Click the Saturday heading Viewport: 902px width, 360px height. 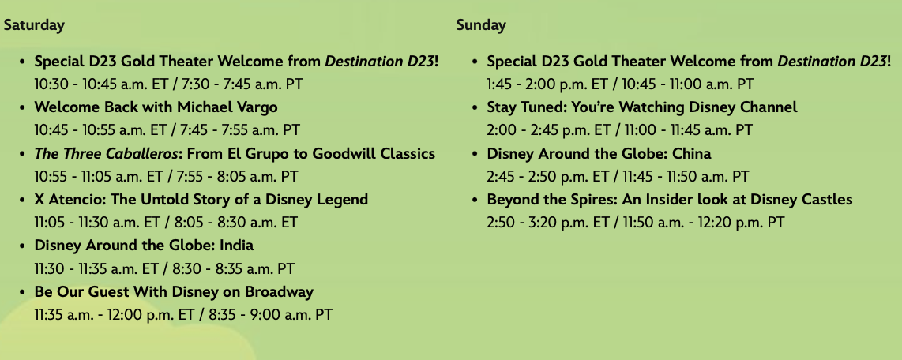(34, 25)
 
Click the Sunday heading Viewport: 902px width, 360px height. (481, 25)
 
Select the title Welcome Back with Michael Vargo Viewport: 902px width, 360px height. (156, 107)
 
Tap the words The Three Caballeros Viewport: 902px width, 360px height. (106, 153)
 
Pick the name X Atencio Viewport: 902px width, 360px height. (68, 200)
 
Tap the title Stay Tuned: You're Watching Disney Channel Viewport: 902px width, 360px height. (642, 107)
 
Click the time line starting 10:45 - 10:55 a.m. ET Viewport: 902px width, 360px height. (167, 130)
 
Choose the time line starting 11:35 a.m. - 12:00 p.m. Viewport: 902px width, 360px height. (183, 314)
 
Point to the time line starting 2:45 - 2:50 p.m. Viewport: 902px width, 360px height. (618, 177)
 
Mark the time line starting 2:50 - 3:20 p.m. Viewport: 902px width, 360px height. (636, 223)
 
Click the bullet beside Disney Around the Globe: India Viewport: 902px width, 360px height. (22, 246)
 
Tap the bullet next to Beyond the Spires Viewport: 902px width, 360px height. (475, 200)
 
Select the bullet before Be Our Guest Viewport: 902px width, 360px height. (22, 292)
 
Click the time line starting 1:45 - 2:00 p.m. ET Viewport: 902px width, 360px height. (620, 84)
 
